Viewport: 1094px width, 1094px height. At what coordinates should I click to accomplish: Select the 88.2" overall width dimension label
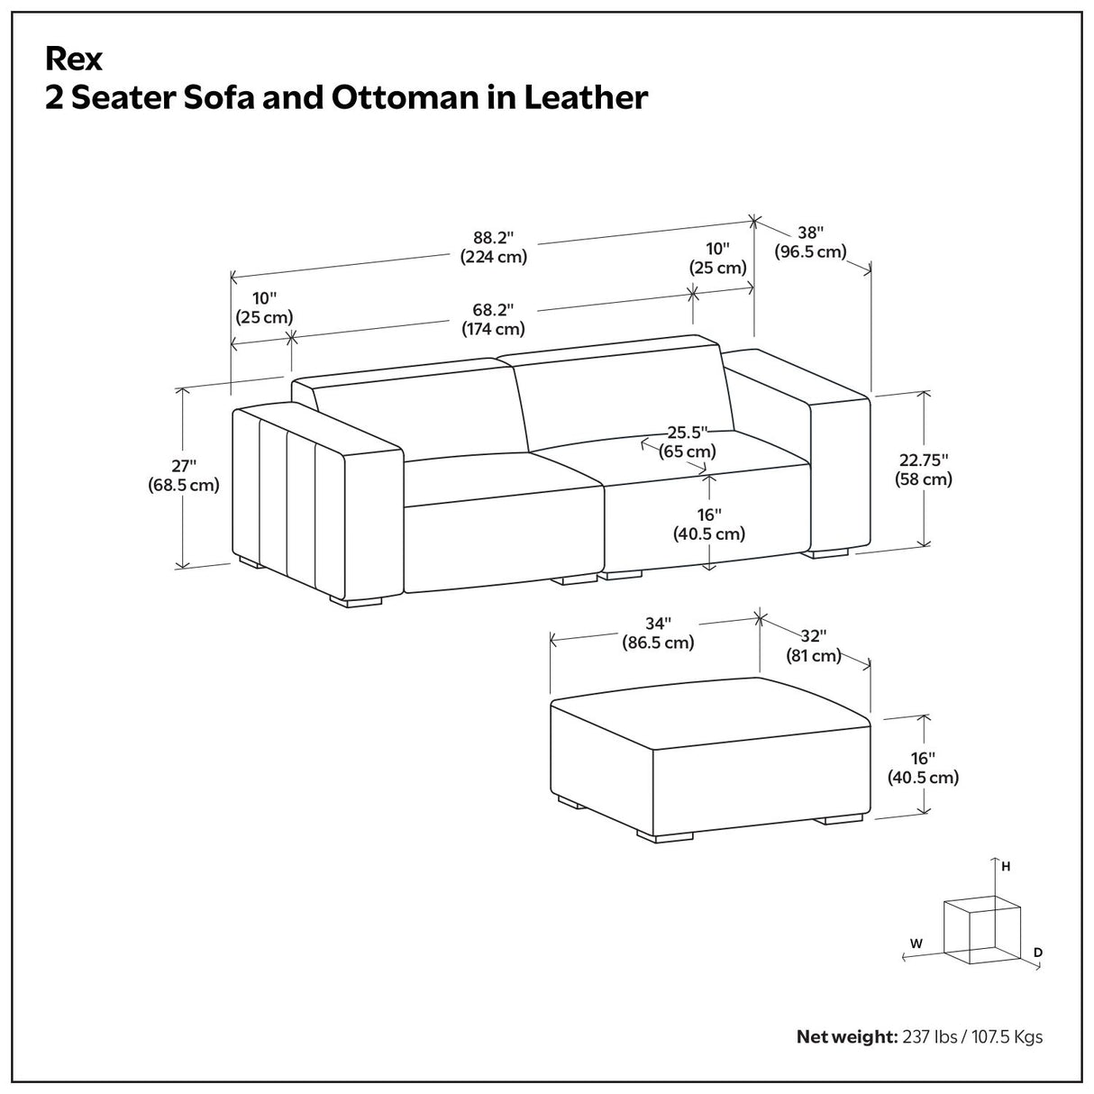click(x=493, y=247)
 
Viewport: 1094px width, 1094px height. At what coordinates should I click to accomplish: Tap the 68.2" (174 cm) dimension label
click(x=493, y=319)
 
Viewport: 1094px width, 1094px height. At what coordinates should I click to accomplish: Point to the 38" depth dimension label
click(x=810, y=242)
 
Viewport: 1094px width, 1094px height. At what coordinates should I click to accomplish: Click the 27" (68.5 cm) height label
click(x=183, y=475)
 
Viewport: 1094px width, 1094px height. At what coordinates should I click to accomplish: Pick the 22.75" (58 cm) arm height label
click(x=923, y=470)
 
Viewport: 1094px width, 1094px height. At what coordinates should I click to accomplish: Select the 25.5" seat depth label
click(x=688, y=442)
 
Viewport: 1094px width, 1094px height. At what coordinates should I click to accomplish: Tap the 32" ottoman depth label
click(x=813, y=646)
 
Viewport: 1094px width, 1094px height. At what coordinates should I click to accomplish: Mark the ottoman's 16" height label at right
click(x=923, y=767)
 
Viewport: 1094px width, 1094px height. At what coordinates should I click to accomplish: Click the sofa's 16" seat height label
click(x=709, y=524)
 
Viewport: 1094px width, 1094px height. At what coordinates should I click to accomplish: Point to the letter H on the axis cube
click(x=1006, y=866)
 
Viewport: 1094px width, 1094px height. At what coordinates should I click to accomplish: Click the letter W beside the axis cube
click(x=916, y=944)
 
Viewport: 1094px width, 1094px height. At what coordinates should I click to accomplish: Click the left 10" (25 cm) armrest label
click(x=264, y=307)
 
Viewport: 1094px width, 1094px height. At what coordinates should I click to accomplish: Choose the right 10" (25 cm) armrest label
click(x=718, y=258)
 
